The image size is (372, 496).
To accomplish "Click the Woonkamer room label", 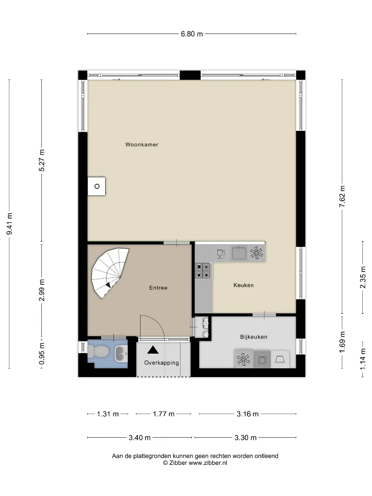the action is (141, 145).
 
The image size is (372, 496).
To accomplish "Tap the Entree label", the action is (158, 287).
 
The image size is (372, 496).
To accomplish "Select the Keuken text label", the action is (243, 285).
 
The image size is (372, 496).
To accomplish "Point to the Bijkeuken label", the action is (254, 337).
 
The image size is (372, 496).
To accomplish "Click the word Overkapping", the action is (161, 363).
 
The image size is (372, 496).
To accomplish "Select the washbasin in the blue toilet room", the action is (120, 354).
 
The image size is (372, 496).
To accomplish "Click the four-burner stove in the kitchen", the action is (203, 271).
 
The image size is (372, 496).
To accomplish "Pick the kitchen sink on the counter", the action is (239, 253).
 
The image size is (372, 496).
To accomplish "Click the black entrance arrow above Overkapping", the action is (153, 349).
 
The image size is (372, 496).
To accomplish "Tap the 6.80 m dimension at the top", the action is (192, 34).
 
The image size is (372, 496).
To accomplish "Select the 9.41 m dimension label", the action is (10, 224).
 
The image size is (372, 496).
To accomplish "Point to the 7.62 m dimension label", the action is (342, 197).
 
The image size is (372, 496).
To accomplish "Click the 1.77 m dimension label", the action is (163, 414).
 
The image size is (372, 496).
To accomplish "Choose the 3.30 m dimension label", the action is (245, 438).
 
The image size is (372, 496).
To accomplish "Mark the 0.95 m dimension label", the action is (41, 353).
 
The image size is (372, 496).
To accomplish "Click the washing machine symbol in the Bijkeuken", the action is (262, 360).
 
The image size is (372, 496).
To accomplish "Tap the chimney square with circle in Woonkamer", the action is (97, 186).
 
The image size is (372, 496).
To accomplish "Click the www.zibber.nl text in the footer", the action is (208, 463).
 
